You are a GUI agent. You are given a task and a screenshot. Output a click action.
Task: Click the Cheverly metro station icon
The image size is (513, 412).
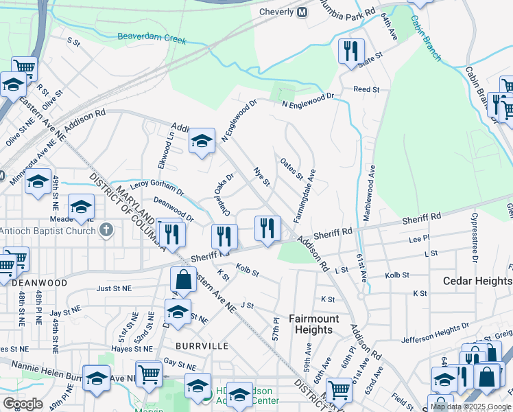tap(302, 12)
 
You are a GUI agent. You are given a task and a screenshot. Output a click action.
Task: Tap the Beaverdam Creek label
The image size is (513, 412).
tap(152, 37)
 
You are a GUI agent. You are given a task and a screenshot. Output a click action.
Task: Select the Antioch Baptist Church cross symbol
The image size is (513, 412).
tap(106, 230)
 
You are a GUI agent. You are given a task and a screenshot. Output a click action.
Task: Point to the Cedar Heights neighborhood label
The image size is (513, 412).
tap(477, 281)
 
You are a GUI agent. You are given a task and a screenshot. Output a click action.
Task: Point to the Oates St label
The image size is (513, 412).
tap(291, 168)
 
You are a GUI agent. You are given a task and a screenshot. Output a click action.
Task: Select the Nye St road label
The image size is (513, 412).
tap(263, 176)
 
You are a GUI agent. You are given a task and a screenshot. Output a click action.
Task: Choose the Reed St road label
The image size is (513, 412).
tap(366, 89)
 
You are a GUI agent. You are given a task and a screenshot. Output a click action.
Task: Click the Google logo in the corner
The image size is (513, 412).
tap(23, 404)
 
